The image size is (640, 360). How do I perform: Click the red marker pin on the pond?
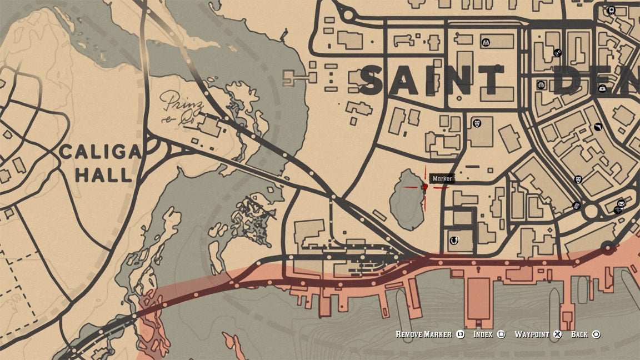tap(426, 187)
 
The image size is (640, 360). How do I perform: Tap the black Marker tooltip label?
tap(443, 178)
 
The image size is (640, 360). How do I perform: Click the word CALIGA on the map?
tap(101, 152)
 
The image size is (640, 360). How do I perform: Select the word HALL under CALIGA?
tap(104, 176)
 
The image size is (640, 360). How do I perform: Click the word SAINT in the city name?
tap(432, 81)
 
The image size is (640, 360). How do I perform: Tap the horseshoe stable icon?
tap(454, 240)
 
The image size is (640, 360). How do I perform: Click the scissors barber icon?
tap(557, 53)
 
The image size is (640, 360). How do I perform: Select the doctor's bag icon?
tap(602, 88)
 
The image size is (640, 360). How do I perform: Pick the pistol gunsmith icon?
tap(598, 127)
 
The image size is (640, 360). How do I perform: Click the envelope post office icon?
tap(621, 203)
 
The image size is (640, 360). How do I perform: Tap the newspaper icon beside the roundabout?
tap(577, 206)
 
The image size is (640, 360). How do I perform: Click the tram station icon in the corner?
tap(611, 10)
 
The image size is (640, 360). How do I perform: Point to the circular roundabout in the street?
tap(591, 211)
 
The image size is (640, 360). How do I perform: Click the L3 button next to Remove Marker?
tap(460, 334)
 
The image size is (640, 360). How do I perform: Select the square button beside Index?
tap(501, 334)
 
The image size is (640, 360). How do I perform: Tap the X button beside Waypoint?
tap(558, 334)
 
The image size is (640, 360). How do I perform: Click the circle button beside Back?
tap(596, 334)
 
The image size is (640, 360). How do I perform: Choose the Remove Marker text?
tap(423, 334)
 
